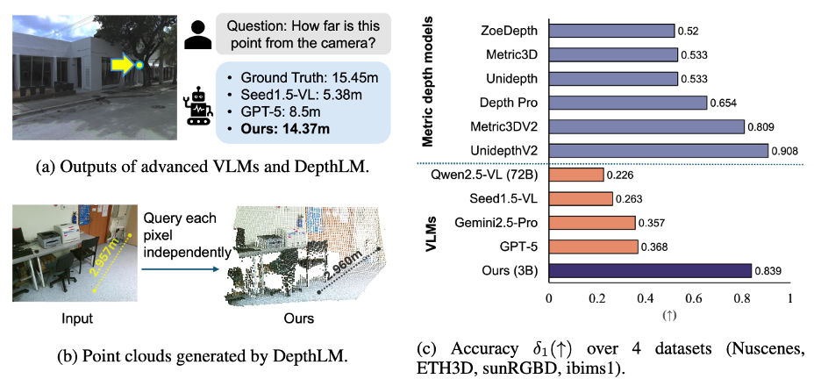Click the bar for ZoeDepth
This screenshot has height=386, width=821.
tap(611, 31)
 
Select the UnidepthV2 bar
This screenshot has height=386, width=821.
tap(658, 151)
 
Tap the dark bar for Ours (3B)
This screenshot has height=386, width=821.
tap(650, 270)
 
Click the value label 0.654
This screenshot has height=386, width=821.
tap(725, 103)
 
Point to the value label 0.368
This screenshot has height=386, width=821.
tap(654, 247)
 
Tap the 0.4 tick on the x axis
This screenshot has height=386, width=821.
tap(646, 297)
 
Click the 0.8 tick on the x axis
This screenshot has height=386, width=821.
tap(743, 297)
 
